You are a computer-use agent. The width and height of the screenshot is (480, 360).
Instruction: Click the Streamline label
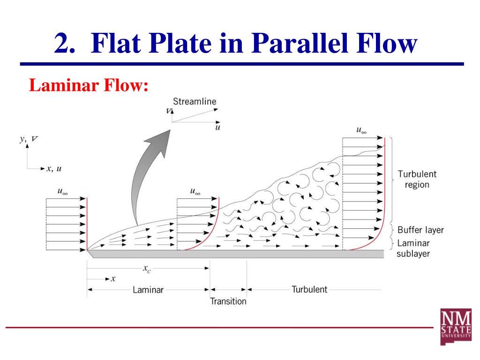tap(195, 101)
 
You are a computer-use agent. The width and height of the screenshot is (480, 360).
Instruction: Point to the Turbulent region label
tap(417, 179)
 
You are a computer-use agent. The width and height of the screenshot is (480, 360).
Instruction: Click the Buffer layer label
tap(420, 230)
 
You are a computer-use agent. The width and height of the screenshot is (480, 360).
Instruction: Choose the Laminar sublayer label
tap(413, 248)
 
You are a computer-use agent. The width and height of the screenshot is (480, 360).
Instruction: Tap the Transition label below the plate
tap(228, 301)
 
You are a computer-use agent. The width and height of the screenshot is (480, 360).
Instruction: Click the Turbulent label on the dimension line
tap(309, 289)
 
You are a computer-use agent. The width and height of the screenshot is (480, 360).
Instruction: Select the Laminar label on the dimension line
tap(148, 290)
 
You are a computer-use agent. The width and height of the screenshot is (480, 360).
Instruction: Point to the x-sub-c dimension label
tap(147, 269)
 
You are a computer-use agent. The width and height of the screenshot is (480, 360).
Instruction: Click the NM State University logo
tap(455, 327)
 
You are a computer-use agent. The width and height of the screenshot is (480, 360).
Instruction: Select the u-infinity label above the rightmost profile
tap(361, 131)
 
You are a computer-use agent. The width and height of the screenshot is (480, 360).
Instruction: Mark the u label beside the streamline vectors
tap(217, 127)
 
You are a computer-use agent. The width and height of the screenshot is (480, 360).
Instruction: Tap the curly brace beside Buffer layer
tap(393, 230)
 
